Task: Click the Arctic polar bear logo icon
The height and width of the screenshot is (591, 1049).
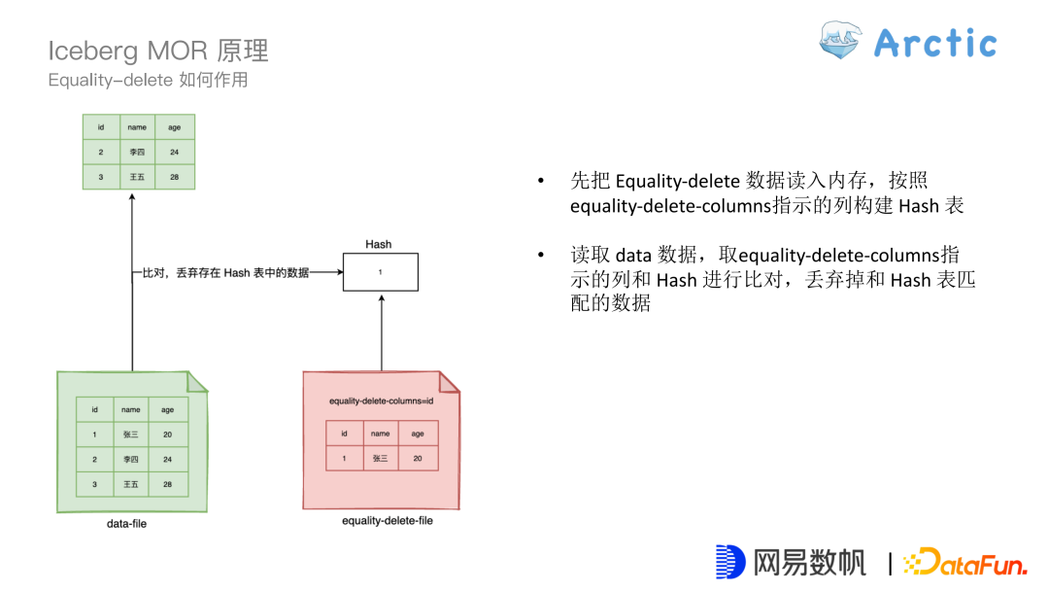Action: point(842,42)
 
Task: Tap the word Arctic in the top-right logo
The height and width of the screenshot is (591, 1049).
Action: point(934,43)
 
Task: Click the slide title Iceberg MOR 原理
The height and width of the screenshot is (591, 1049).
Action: point(158,51)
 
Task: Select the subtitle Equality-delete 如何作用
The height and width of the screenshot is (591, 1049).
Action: point(148,80)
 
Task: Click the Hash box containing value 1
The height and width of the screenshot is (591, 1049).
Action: point(380,271)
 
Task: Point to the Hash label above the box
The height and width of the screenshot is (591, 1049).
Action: point(379,244)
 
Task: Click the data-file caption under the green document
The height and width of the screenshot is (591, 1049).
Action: point(126,524)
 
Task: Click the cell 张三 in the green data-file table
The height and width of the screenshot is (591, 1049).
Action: point(131,435)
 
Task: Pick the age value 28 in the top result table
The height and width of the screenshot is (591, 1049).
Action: point(174,177)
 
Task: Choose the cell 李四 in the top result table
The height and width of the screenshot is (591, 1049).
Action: point(137,152)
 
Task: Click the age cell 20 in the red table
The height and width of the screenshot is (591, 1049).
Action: point(418,458)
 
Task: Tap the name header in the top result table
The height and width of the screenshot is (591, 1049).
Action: point(137,127)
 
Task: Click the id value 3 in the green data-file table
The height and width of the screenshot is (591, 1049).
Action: point(94,484)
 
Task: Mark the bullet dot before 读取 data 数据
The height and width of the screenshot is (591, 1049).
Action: point(541,256)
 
